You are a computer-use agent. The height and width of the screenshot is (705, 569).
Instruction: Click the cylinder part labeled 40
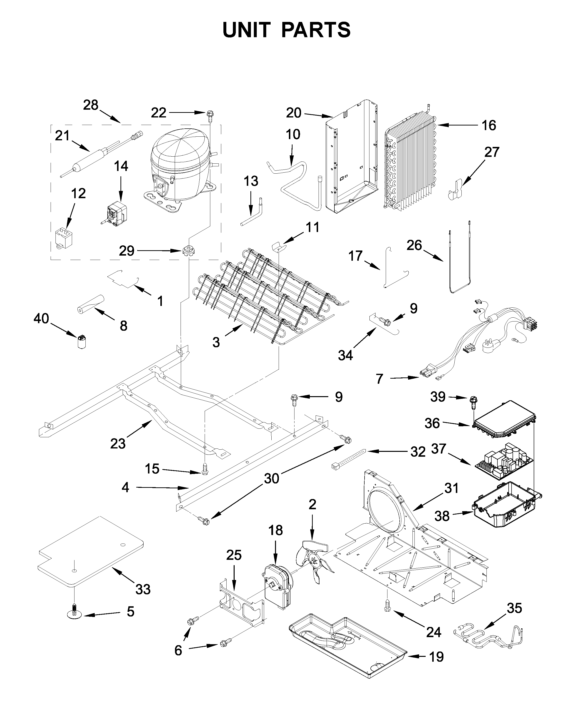click(x=81, y=341)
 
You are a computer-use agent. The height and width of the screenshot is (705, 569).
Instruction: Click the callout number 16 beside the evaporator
click(x=489, y=125)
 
